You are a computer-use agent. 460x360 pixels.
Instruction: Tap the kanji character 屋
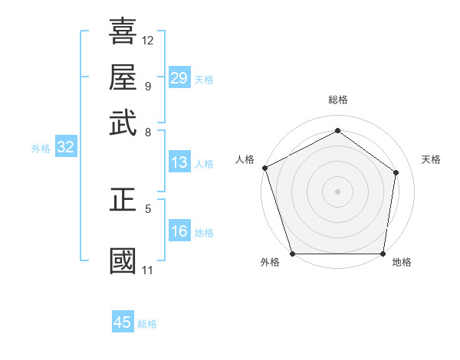pyautogui.click(x=123, y=77)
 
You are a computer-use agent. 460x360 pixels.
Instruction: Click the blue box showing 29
pyautogui.click(x=179, y=78)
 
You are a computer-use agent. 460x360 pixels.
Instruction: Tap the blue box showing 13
pyautogui.click(x=179, y=162)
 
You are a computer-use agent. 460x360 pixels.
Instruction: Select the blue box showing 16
pyautogui.click(x=179, y=232)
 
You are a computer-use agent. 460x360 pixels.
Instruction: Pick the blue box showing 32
pyautogui.click(x=65, y=148)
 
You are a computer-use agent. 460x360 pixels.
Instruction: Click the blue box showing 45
pyautogui.click(x=123, y=322)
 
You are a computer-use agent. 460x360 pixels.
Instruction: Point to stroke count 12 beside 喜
pyautogui.click(x=148, y=40)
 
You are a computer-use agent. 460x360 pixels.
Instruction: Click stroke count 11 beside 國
pyautogui.click(x=147, y=270)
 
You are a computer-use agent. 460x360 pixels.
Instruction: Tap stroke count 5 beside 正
pyautogui.click(x=147, y=208)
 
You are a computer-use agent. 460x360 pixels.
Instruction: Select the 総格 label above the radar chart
pyautogui.click(x=337, y=100)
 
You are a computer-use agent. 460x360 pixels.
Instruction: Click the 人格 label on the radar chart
pyautogui.click(x=245, y=159)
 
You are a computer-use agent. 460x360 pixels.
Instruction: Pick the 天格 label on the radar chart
pyautogui.click(x=431, y=159)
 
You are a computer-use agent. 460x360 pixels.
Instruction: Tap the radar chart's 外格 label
pyautogui.click(x=270, y=262)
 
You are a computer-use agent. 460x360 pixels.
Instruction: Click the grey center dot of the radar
pyautogui.click(x=337, y=191)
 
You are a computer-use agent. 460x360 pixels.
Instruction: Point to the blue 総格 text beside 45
pyautogui.click(x=147, y=324)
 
